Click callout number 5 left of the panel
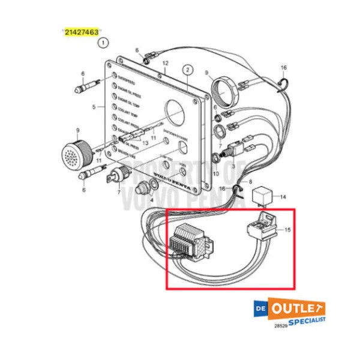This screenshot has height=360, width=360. (94, 107)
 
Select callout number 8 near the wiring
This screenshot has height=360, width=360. (250, 181)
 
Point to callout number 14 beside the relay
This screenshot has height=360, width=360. (284, 196)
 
